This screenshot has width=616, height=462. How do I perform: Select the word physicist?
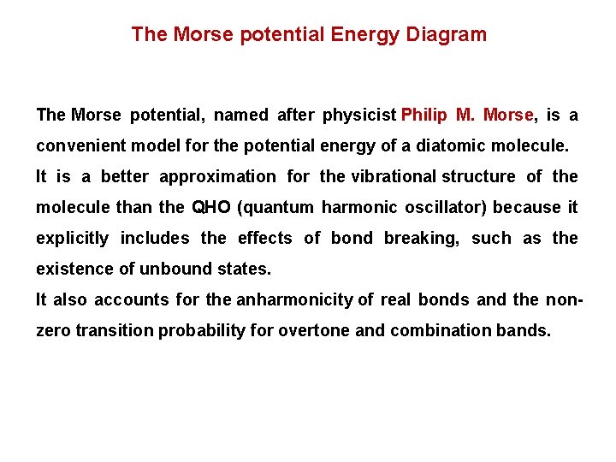coord(359,115)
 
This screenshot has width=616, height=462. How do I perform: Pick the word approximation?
coord(217,176)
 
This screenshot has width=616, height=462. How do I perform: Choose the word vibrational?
coord(390,176)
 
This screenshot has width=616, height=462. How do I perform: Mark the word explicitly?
coord(72,238)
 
